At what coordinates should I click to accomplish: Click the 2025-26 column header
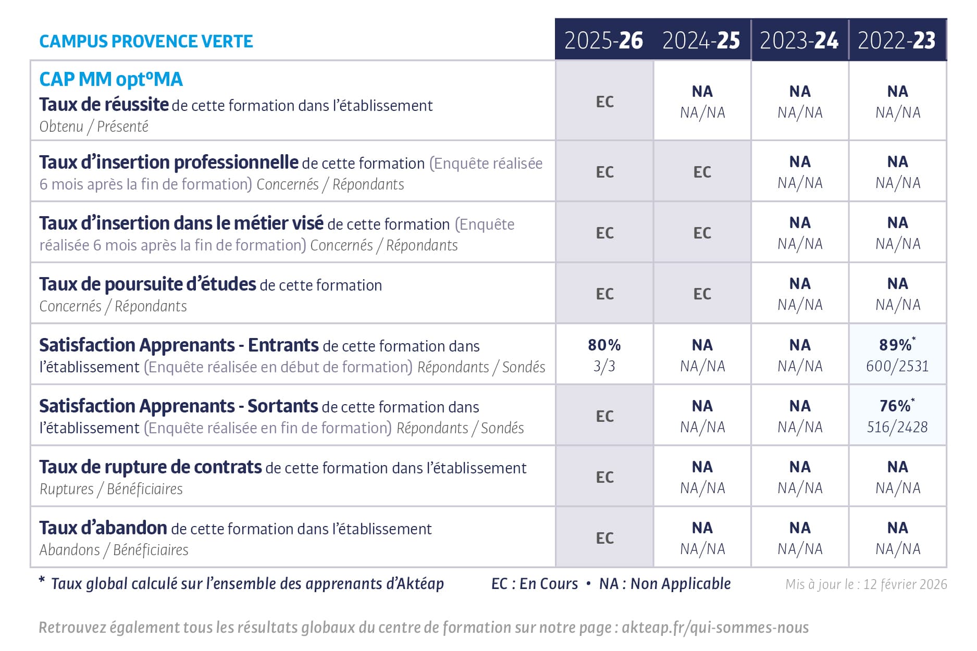pyautogui.click(x=603, y=41)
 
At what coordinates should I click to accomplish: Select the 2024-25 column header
pyautogui.click(x=701, y=41)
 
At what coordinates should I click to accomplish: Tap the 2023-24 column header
pyautogui.click(x=799, y=41)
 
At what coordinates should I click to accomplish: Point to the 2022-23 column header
pyautogui.click(x=897, y=41)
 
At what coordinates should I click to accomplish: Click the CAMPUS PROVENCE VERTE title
pyautogui.click(x=146, y=41)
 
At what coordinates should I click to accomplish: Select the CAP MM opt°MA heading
pyautogui.click(x=111, y=79)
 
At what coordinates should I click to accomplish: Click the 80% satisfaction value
pyautogui.click(x=604, y=345)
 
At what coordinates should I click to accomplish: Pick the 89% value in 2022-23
pyautogui.click(x=896, y=345)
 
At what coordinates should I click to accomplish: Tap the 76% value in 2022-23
pyautogui.click(x=896, y=406)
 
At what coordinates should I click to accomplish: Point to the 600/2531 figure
pyautogui.click(x=897, y=366)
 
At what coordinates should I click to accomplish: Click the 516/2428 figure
pyautogui.click(x=897, y=427)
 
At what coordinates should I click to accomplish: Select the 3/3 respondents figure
pyautogui.click(x=604, y=366)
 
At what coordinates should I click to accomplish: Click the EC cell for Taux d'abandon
pyautogui.click(x=604, y=538)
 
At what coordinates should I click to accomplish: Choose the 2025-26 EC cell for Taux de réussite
pyautogui.click(x=604, y=102)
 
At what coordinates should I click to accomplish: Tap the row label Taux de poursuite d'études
pyautogui.click(x=147, y=284)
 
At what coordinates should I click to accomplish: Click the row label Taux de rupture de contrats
pyautogui.click(x=151, y=467)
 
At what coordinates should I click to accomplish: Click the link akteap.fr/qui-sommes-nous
pyautogui.click(x=715, y=627)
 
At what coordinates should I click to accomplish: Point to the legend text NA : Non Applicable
pyautogui.click(x=665, y=584)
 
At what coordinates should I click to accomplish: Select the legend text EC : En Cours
pyautogui.click(x=535, y=584)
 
